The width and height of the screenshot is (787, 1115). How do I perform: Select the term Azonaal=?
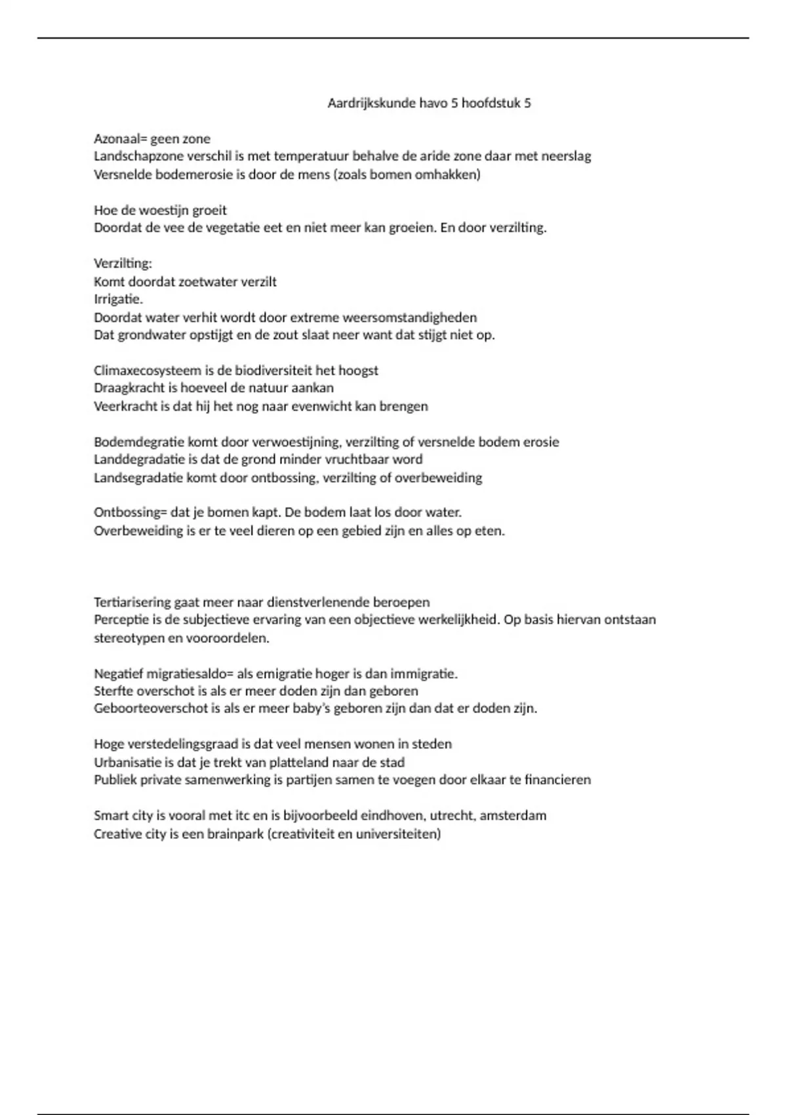[x=121, y=138]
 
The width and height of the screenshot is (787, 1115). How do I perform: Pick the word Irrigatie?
[x=118, y=299]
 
